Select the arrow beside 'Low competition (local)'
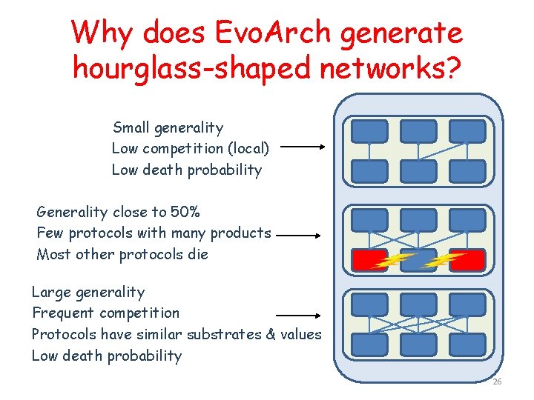coord(303,147)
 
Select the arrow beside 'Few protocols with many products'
coord(297,236)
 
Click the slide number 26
coord(497,381)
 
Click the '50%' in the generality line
coord(185,213)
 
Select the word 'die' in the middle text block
coord(198,254)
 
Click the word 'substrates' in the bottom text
coord(224,334)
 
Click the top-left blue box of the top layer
coord(369,131)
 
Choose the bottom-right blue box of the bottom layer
coord(467,344)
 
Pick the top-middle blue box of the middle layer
coord(418,220)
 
